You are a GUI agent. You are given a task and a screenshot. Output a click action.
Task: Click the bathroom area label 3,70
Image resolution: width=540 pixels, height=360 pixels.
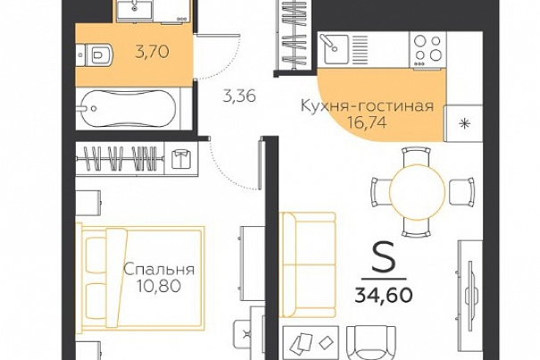click(152, 52)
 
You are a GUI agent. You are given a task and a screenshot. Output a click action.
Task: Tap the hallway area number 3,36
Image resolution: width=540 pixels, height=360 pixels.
click(239, 96)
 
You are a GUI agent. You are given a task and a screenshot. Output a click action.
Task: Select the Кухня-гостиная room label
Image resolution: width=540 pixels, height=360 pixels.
click(367, 106)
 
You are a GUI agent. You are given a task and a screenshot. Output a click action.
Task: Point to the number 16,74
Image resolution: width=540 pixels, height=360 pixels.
click(367, 122)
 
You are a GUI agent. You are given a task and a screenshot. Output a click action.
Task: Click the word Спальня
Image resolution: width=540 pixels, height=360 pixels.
click(159, 270)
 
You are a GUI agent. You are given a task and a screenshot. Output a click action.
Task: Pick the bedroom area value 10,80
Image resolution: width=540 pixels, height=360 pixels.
click(159, 286)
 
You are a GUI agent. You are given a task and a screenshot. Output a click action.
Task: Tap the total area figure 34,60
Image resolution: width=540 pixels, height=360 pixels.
click(384, 295)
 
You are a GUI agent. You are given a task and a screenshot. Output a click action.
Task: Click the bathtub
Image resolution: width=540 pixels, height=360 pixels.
click(129, 109)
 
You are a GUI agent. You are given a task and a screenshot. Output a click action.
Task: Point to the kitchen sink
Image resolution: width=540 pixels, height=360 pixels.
click(334, 49)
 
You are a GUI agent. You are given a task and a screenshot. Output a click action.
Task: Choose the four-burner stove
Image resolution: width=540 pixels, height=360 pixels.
click(428, 51)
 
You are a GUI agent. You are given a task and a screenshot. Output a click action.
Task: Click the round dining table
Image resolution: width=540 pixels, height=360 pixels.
click(418, 192)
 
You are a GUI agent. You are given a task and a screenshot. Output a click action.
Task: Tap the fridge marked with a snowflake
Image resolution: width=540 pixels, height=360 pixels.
click(463, 122)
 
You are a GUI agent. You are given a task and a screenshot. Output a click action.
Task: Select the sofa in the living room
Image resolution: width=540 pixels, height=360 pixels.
click(309, 264)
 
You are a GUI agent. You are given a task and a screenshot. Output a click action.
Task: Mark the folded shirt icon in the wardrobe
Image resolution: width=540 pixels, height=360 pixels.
click(181, 159)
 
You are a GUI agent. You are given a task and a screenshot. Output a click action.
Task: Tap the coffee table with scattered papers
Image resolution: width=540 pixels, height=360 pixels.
click(311, 342)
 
